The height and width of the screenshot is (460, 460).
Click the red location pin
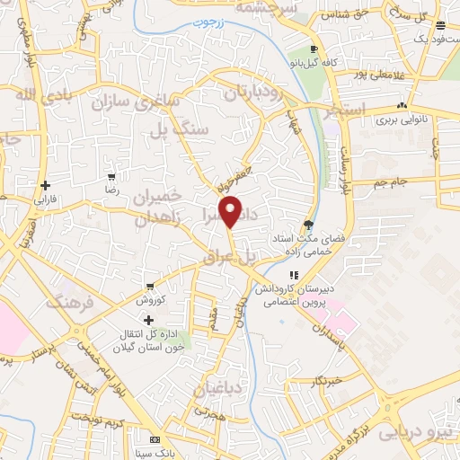click(x=232, y=210)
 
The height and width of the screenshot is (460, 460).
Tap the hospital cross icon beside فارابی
click(x=44, y=185)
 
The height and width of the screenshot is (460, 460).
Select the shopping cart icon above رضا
click(x=111, y=177)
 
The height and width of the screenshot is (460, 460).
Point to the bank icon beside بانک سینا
click(x=155, y=439)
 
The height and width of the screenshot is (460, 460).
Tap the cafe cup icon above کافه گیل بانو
click(x=313, y=49)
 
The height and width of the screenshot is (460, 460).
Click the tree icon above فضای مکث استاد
click(x=308, y=225)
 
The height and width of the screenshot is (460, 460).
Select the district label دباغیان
click(x=217, y=389)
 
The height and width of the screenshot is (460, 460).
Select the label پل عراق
click(x=258, y=256)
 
